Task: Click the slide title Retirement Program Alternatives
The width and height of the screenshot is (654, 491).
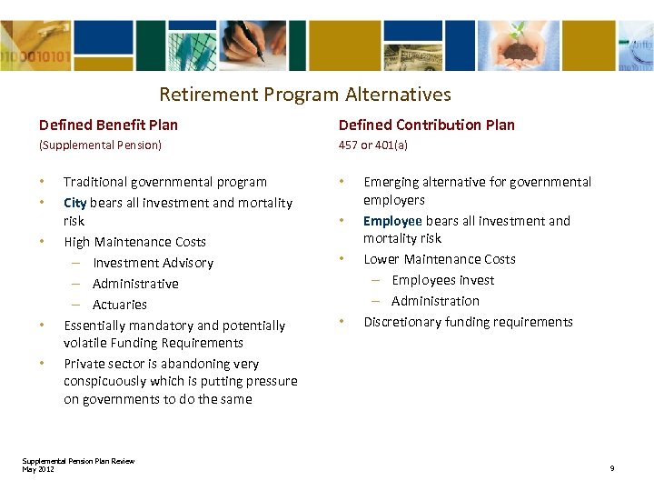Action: pyautogui.click(x=304, y=95)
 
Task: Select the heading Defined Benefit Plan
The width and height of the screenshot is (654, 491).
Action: pyautogui.click(x=108, y=125)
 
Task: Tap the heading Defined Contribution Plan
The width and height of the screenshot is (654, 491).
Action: pyautogui.click(x=426, y=125)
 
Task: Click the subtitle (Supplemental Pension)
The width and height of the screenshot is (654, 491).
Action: pyautogui.click(x=100, y=145)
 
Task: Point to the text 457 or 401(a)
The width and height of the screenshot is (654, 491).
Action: pyautogui.click(x=373, y=145)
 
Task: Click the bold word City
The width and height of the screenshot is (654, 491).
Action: pyautogui.click(x=74, y=203)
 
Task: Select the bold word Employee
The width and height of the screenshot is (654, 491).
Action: pyautogui.click(x=392, y=221)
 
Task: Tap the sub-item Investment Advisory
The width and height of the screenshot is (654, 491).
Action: pyautogui.click(x=153, y=263)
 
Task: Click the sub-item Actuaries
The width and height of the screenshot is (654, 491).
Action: pyautogui.click(x=119, y=305)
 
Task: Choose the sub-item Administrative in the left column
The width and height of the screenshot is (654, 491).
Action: pyautogui.click(x=135, y=284)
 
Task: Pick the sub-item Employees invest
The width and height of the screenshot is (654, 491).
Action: pyautogui.click(x=442, y=280)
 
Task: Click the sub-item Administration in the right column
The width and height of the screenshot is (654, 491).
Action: pyautogui.click(x=435, y=301)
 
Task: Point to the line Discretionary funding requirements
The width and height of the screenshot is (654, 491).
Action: pyautogui.click(x=468, y=322)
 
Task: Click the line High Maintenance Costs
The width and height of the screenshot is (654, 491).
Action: pyautogui.click(x=134, y=242)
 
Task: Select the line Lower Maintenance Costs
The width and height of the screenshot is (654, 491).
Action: pyautogui.click(x=440, y=259)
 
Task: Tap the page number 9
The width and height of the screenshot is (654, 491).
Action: pyautogui.click(x=612, y=468)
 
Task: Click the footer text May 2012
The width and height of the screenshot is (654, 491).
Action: pyautogui.click(x=38, y=468)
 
